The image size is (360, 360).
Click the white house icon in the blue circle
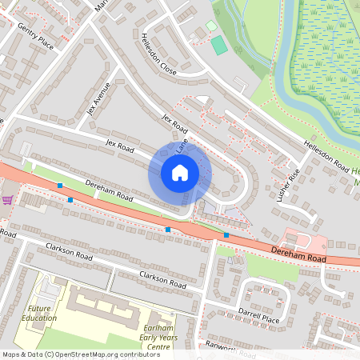180,173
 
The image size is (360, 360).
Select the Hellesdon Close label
158,54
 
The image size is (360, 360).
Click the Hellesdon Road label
326,156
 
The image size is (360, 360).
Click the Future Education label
42,313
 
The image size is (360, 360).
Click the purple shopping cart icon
8,200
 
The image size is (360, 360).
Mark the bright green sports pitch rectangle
218,45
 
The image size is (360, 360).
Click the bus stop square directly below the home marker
168,230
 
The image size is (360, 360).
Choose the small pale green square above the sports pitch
211,26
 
